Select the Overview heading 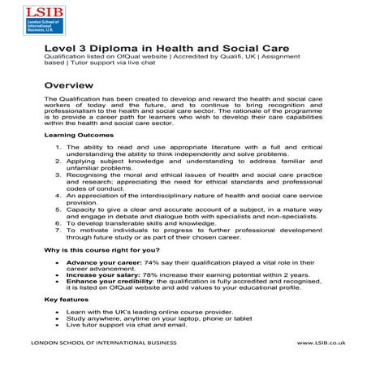[73, 84]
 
